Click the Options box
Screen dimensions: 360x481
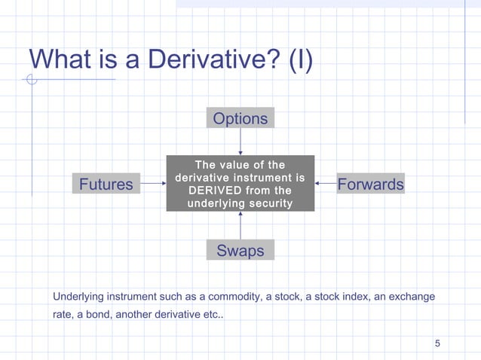coord(240,118)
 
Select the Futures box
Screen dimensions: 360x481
coord(106,184)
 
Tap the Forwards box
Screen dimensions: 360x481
coord(370,184)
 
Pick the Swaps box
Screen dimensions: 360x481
coord(240,250)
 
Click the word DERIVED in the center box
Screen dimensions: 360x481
coord(212,191)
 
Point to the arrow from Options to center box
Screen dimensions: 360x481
coord(240,142)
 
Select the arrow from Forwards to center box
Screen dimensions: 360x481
coord(326,183)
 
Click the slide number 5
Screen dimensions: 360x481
coord(437,344)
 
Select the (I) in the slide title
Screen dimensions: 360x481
coord(301,58)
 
